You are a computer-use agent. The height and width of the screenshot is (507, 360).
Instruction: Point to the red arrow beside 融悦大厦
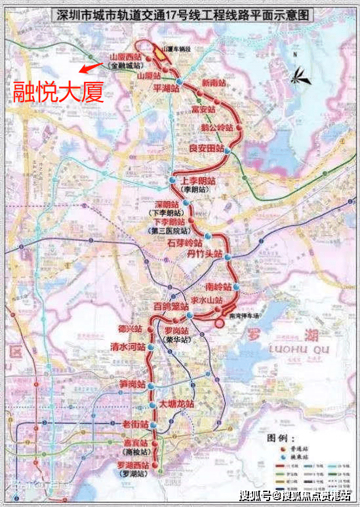pos(90,66)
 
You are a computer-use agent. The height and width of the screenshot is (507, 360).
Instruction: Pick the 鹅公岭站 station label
pos(215,126)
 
